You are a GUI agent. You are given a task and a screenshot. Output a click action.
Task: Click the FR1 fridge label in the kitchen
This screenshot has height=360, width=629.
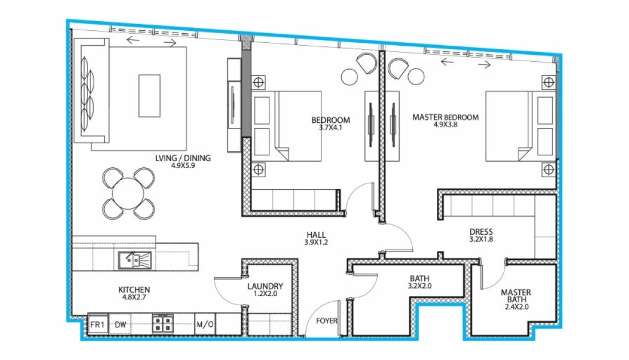(97, 325)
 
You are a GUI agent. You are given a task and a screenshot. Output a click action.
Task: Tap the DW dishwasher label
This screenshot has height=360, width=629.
(120, 325)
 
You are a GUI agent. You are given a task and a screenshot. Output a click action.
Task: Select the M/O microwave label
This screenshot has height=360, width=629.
(205, 325)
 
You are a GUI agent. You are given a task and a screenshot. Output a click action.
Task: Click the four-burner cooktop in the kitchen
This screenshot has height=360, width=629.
(162, 324)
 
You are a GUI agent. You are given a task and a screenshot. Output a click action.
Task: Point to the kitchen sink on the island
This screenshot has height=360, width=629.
(135, 260)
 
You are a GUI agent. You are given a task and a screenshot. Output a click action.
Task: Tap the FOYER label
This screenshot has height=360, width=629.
(327, 321)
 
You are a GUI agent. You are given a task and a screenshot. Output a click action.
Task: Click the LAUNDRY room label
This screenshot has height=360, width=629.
(265, 286)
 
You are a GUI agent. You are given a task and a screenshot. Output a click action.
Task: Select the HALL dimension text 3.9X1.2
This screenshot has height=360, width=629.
(316, 242)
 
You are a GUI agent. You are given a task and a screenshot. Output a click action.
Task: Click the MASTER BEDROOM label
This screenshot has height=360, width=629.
(445, 118)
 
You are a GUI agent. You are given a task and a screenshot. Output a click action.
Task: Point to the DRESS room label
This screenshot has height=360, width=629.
(481, 232)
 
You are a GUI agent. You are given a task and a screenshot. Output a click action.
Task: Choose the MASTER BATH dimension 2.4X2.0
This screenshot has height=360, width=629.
(517, 307)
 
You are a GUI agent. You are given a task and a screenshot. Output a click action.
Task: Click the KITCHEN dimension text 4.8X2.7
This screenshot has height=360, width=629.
(134, 297)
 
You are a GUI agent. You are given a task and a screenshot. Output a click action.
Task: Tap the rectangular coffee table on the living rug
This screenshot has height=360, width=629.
(150, 96)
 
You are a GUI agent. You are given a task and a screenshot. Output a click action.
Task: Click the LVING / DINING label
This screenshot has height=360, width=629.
(183, 158)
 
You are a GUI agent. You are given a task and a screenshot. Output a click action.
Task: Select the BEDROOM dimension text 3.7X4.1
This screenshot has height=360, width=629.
(331, 127)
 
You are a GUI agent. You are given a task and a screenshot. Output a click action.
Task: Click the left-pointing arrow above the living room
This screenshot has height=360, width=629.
(133, 39)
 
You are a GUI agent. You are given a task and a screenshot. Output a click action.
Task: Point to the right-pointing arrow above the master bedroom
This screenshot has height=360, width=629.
(484, 64)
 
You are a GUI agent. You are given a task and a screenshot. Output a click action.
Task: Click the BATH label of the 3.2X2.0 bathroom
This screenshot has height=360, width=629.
(420, 278)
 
